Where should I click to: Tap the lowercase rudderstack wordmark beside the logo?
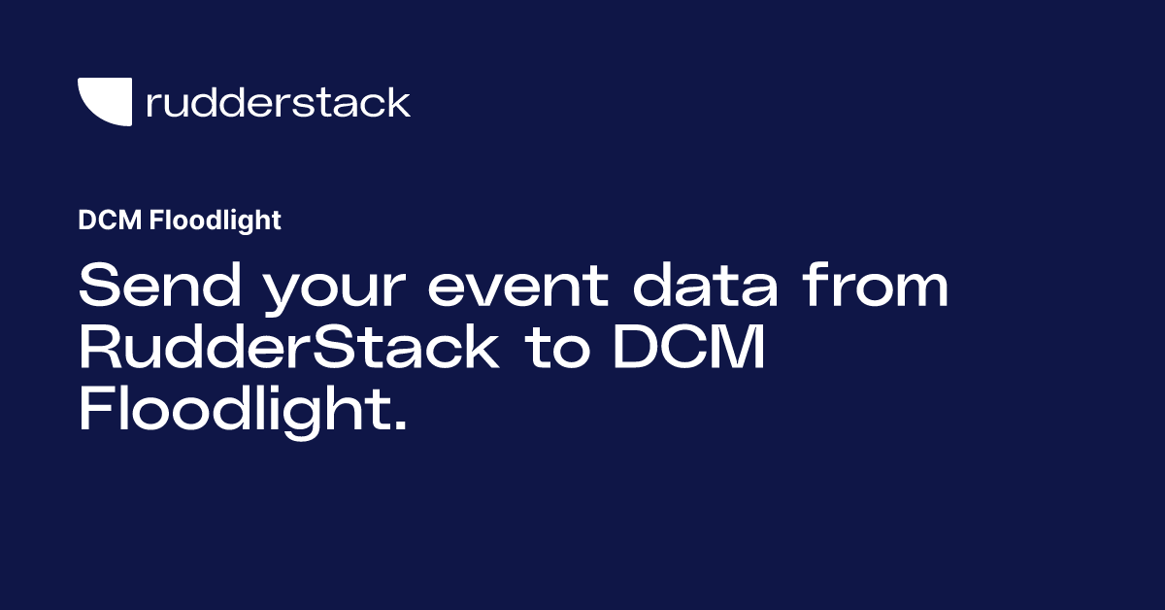[x=278, y=102]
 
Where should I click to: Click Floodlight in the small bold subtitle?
[x=216, y=221]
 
